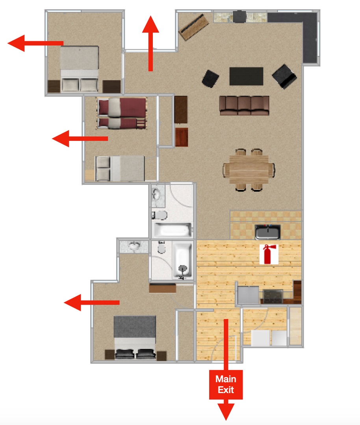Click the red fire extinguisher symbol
(x=269, y=254)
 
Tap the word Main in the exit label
(x=226, y=379)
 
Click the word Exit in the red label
(x=226, y=390)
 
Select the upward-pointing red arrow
(x=150, y=43)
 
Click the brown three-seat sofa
(x=244, y=105)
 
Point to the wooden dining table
(x=249, y=169)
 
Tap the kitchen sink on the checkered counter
(x=267, y=232)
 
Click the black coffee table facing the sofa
(x=246, y=76)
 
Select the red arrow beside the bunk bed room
(x=80, y=139)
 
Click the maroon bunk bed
(x=122, y=113)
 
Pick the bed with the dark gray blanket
(x=135, y=338)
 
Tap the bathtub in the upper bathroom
(x=173, y=230)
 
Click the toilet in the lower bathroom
(x=161, y=248)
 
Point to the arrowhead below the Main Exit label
(x=226, y=412)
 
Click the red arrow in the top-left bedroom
(x=35, y=43)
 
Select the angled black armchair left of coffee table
(x=210, y=79)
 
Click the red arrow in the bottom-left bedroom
(x=92, y=303)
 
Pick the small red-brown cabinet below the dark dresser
(x=182, y=137)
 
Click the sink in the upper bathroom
(x=156, y=194)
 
